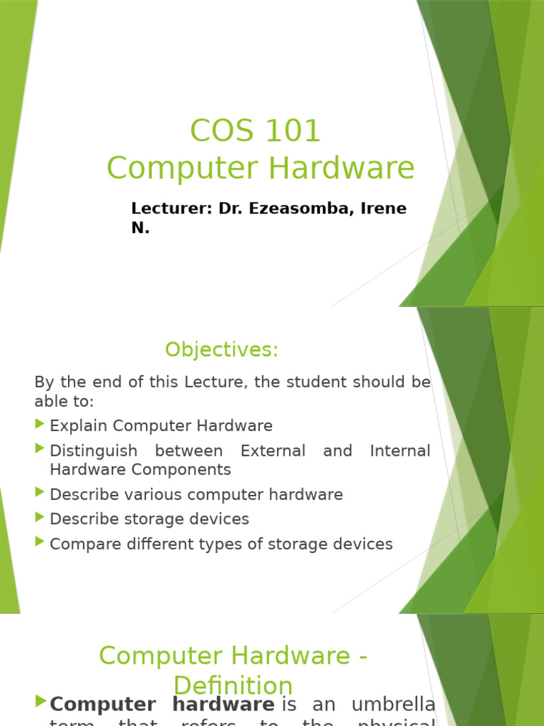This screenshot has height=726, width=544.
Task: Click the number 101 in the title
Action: (293, 131)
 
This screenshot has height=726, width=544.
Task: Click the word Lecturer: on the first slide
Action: (172, 208)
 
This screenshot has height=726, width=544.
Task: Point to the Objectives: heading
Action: (222, 350)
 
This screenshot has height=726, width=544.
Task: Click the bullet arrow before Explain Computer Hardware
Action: (39, 425)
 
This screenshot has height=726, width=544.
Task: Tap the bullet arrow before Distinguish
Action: (39, 449)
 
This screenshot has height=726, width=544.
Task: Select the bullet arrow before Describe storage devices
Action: (39, 518)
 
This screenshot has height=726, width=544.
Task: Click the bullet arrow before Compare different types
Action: (39, 542)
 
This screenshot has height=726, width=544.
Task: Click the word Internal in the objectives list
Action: (400, 451)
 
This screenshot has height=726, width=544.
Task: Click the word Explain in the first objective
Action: (79, 426)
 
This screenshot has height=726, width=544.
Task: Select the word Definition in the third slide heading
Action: (233, 686)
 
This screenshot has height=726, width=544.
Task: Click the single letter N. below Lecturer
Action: (140, 228)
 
